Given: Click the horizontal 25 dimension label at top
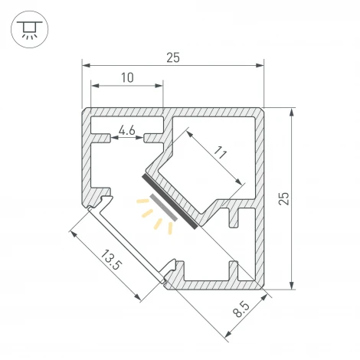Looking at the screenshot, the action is pyautogui.click(x=173, y=57).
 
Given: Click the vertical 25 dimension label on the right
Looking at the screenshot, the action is pyautogui.click(x=283, y=198).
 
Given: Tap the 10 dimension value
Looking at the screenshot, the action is pyautogui.click(x=127, y=77).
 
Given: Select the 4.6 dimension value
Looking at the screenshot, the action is pyautogui.click(x=127, y=131).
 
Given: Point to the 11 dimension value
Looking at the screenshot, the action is pyautogui.click(x=221, y=152).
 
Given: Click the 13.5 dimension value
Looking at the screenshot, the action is pyautogui.click(x=110, y=260).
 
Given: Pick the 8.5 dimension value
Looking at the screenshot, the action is pyautogui.click(x=241, y=309).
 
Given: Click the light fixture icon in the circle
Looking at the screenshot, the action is pyautogui.click(x=30, y=30).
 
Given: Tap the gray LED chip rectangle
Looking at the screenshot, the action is pyautogui.click(x=163, y=207).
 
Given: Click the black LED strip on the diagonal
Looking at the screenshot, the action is pyautogui.click(x=169, y=201).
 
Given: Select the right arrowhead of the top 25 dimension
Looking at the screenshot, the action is pyautogui.click(x=260, y=66).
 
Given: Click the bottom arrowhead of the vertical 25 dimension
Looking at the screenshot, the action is pyautogui.click(x=292, y=285).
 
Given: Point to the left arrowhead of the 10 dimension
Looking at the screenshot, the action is pyautogui.click(x=95, y=85).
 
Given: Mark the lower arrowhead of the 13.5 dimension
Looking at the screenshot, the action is pyautogui.click(x=137, y=297).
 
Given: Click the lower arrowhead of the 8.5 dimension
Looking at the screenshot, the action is pyautogui.click(x=228, y=334).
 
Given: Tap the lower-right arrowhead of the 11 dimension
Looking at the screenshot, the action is pyautogui.click(x=238, y=182).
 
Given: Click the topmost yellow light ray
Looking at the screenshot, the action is pyautogui.click(x=142, y=201).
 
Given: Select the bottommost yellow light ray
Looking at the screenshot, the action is pyautogui.click(x=170, y=228).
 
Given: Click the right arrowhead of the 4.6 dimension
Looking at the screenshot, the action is pyautogui.click(x=139, y=138).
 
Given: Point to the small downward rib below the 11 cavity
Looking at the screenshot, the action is pyautogui.click(x=234, y=218).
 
